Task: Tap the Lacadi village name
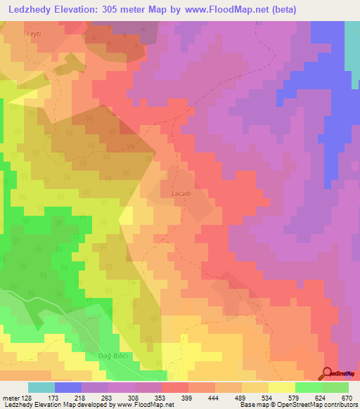181,192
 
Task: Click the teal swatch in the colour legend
41,387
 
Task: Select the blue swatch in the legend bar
68,387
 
